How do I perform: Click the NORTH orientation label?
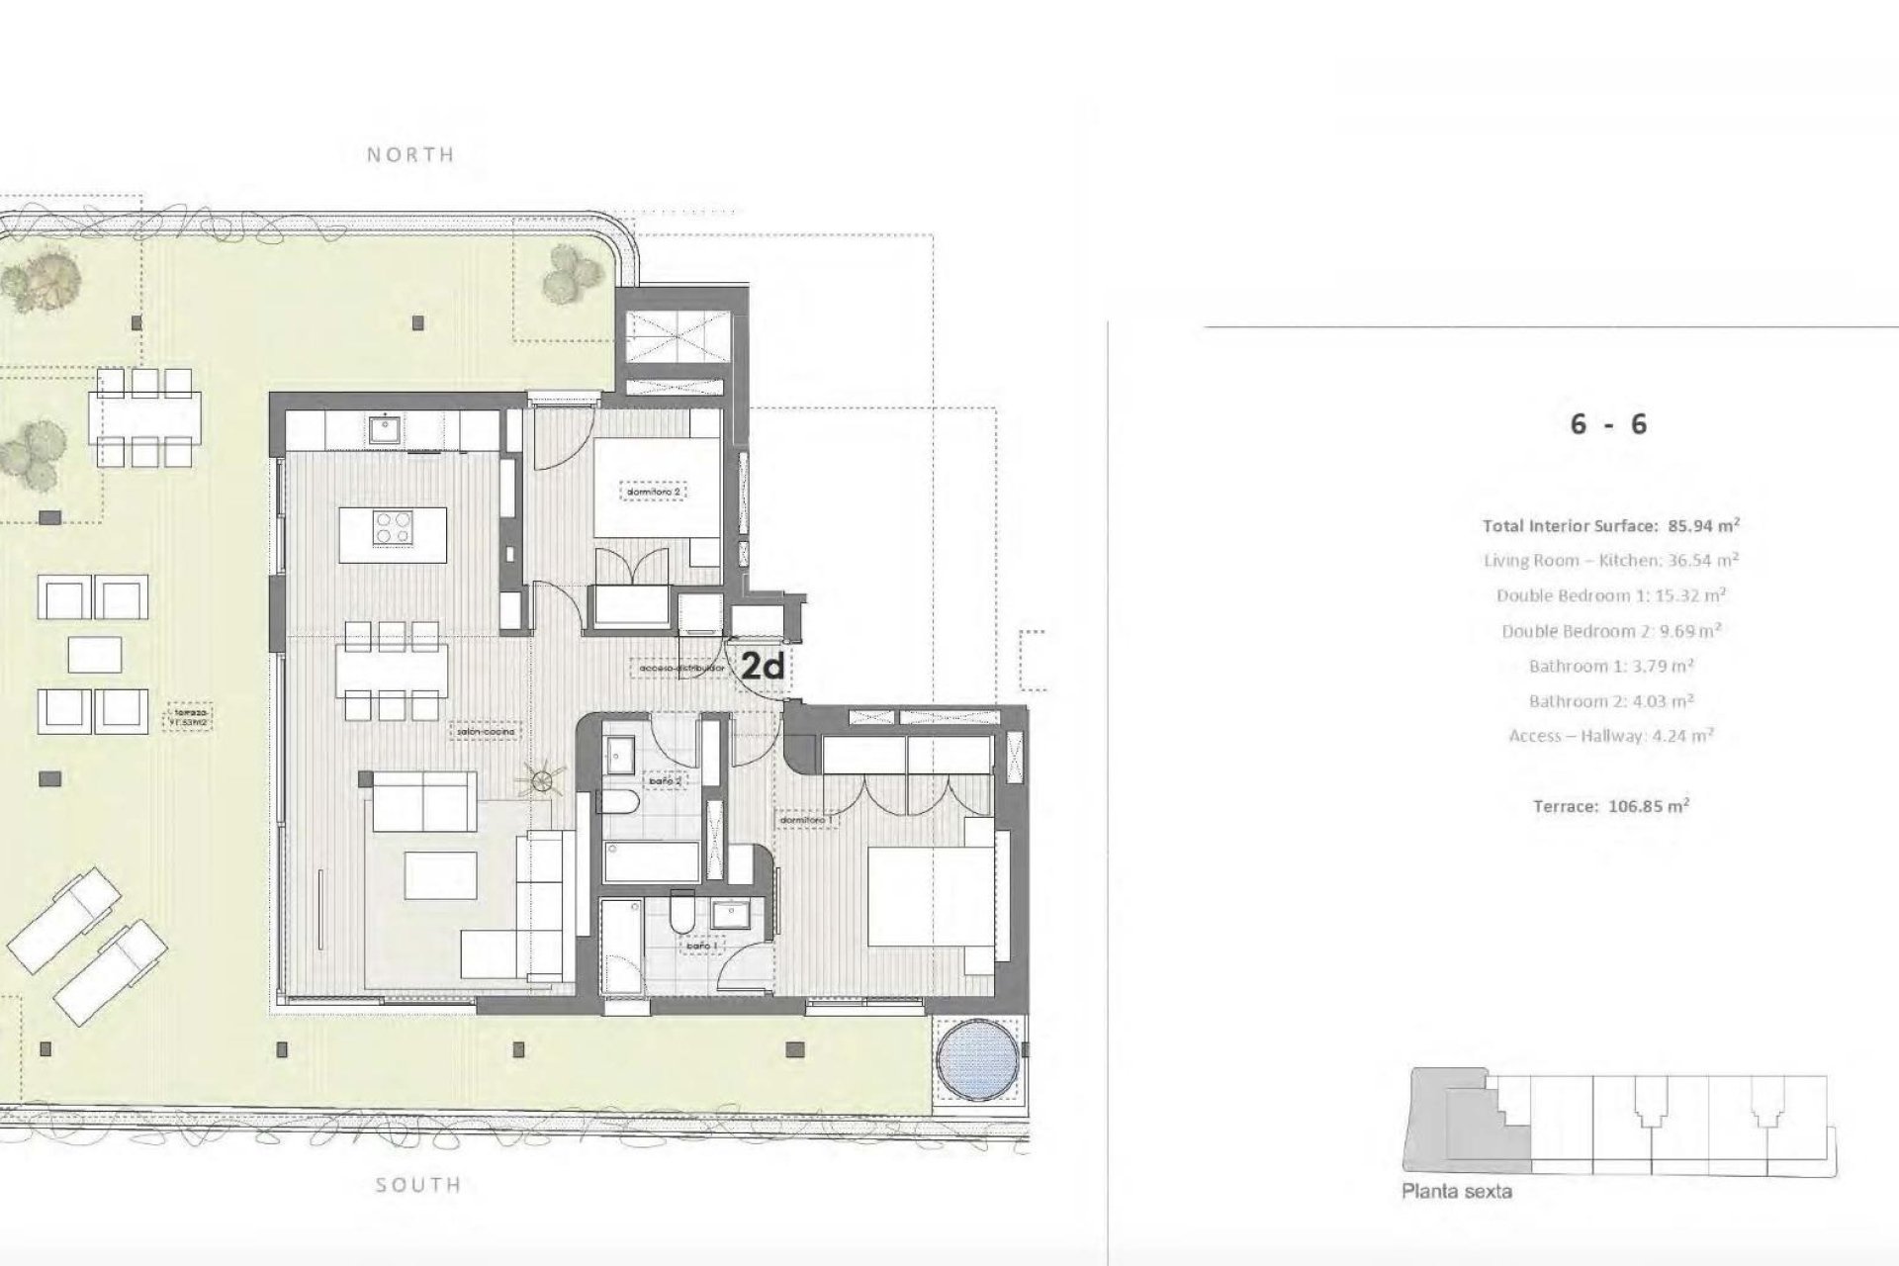point(410,154)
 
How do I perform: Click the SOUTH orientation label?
point(418,1184)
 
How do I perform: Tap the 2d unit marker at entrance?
point(763,667)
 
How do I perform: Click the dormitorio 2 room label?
point(655,491)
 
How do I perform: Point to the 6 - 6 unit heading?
point(1608,424)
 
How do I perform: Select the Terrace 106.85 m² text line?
point(1610,806)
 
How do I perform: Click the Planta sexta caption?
point(1456,1192)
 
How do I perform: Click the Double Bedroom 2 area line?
point(1610,631)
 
